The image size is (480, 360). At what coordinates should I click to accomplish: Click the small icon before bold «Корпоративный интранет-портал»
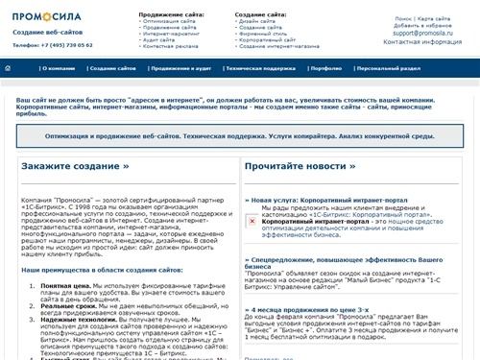coord(252,220)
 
